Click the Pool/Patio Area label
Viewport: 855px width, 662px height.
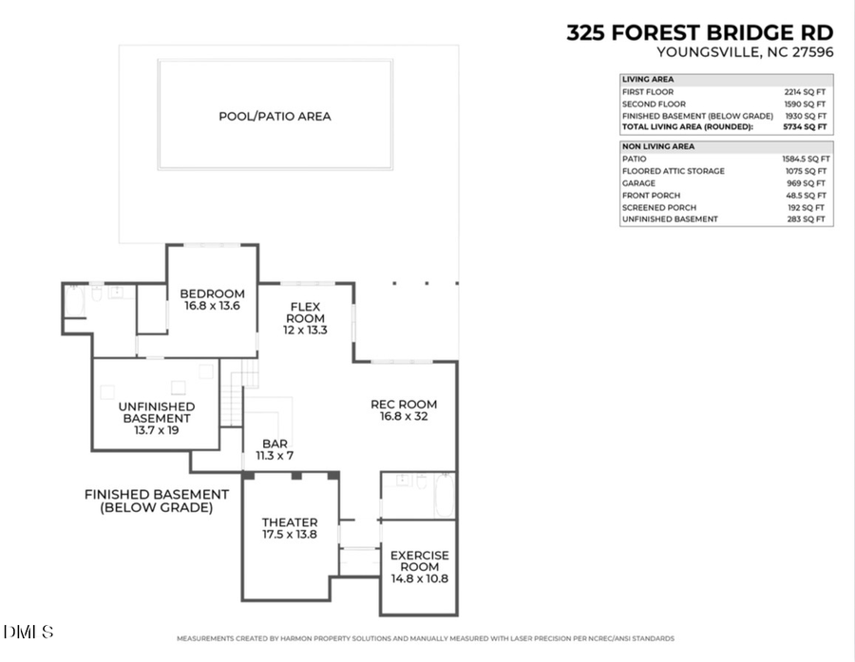coord(275,117)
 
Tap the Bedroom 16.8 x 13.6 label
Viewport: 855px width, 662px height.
coord(213,300)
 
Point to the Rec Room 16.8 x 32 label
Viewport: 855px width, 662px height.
coord(404,410)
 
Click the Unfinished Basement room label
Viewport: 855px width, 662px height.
coord(157,418)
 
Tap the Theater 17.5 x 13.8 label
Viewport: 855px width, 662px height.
coord(290,529)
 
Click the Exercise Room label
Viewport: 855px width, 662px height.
coord(419,566)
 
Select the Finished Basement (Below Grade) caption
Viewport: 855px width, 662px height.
coord(157,501)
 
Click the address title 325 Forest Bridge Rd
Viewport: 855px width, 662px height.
coord(699,32)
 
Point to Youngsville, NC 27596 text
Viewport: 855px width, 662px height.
coord(745,53)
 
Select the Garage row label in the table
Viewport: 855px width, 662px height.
coord(638,183)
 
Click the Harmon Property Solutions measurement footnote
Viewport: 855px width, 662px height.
coord(426,638)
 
